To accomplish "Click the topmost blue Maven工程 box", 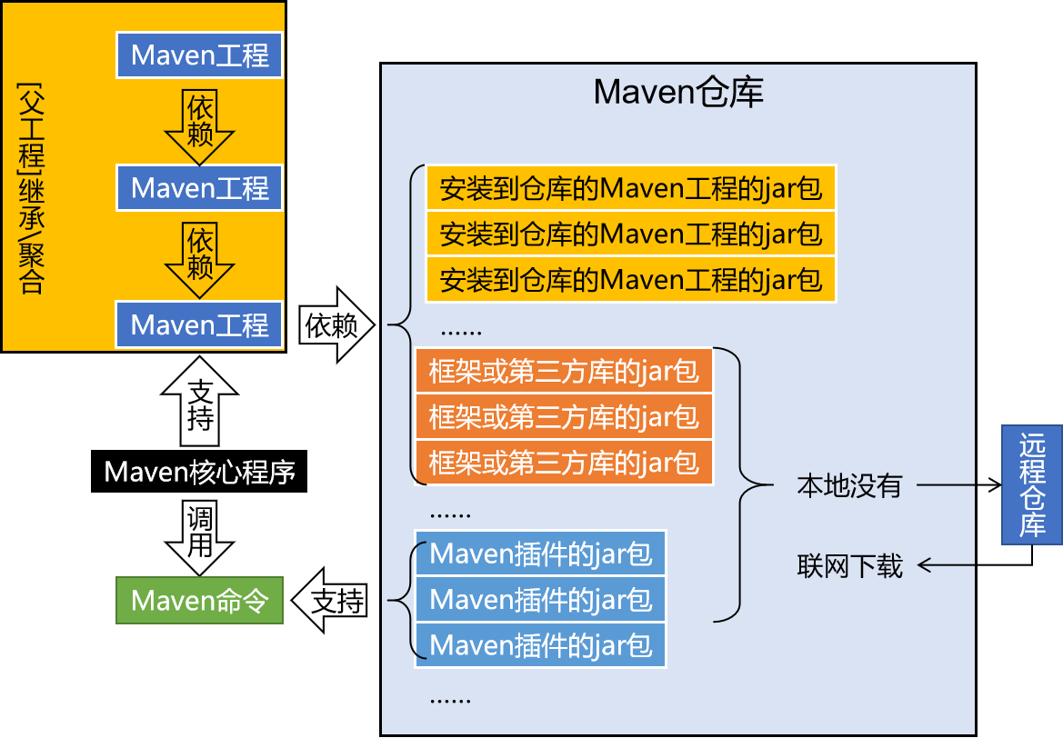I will click(x=199, y=55).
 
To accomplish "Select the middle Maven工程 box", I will click(x=199, y=188).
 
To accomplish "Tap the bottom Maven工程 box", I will click(x=199, y=324).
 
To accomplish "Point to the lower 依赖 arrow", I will click(x=200, y=257).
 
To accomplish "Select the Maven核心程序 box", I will click(x=199, y=472).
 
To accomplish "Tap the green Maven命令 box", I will click(x=199, y=600).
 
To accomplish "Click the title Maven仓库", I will click(x=677, y=93).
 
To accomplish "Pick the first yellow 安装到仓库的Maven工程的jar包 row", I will click(x=630, y=188).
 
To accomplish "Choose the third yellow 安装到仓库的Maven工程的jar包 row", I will click(x=630, y=279).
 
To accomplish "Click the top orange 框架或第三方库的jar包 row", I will click(x=564, y=371).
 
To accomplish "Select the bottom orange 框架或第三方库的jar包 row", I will click(x=564, y=462).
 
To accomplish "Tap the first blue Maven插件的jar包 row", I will click(x=540, y=553).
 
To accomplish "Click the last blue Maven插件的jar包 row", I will click(x=540, y=645).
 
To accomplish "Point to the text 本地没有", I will click(x=848, y=485).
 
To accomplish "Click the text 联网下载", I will click(x=848, y=566).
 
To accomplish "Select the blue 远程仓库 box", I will click(x=1031, y=484).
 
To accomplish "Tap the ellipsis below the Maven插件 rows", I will click(x=449, y=698).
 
